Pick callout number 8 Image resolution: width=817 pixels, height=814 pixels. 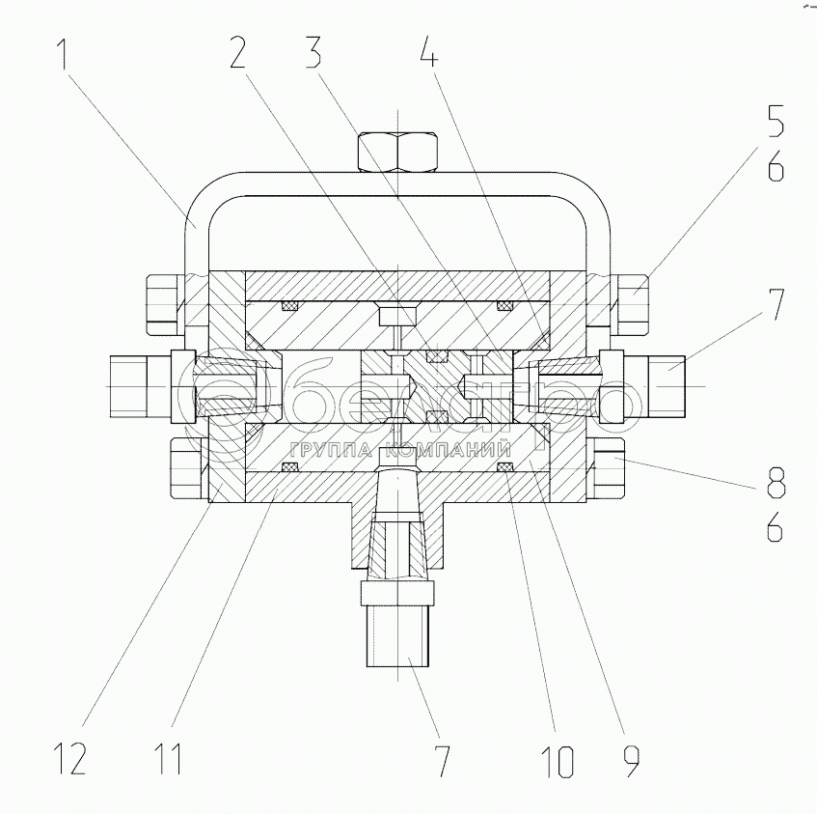[776, 480]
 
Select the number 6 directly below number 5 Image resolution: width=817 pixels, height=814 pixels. [776, 171]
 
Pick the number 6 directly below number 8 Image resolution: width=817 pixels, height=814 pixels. [776, 526]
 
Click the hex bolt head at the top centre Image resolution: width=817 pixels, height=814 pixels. [400, 152]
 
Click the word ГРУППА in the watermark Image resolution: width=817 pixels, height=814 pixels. [330, 450]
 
